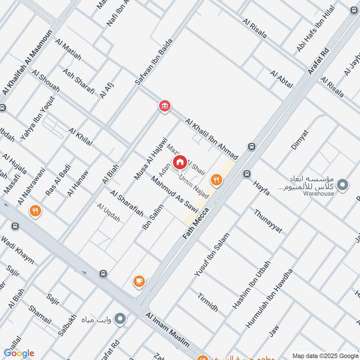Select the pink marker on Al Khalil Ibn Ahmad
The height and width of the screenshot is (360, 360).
coord(164,106)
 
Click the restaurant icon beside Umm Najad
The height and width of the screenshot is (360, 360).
coord(217,180)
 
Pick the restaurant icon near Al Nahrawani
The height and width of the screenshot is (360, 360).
coord(35,210)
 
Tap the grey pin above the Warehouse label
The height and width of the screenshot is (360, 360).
coord(343,184)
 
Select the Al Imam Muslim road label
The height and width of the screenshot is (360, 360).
coord(167,331)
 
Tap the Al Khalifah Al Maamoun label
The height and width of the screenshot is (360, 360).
coord(27,63)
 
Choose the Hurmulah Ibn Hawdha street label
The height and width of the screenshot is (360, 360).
coord(269,298)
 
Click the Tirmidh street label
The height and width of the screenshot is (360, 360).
coord(208,302)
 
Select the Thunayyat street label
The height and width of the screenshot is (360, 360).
coord(268,221)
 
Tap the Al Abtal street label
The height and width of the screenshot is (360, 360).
coord(281,79)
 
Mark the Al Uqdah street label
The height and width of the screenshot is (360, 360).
coord(108,213)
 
